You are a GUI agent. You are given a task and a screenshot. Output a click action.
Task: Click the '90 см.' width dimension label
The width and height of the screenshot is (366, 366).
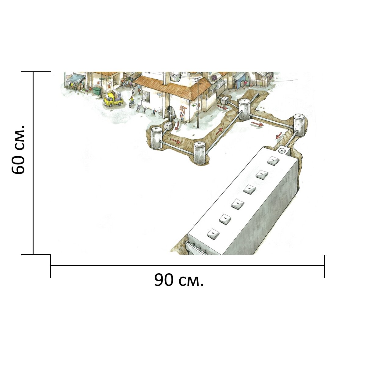179,280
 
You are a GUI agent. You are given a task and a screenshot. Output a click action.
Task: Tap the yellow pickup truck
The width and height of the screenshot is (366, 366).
113,99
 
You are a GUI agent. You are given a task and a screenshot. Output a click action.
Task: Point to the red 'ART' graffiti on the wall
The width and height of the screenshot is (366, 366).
183,109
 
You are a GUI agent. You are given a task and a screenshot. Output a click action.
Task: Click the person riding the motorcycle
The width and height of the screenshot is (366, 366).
131,101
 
